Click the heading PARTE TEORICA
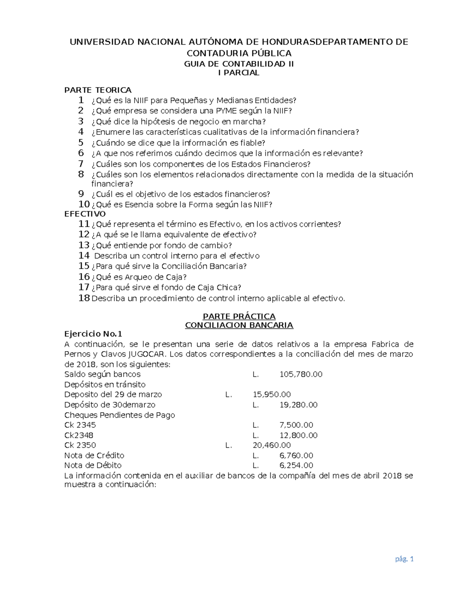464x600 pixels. (x=98, y=90)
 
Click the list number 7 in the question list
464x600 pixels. (x=81, y=164)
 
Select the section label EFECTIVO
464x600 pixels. (x=85, y=214)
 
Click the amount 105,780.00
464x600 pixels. (x=301, y=374)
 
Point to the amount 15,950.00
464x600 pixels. (x=271, y=394)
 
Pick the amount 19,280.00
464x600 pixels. (x=298, y=405)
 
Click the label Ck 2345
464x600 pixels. (x=80, y=425)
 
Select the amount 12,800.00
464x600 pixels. (x=298, y=435)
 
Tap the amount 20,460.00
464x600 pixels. (x=271, y=445)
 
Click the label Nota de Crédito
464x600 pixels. (x=94, y=456)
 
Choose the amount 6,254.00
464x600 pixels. (x=296, y=466)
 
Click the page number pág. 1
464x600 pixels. (x=404, y=559)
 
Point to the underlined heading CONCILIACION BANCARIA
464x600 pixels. (x=239, y=325)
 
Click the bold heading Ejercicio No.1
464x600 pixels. (x=93, y=334)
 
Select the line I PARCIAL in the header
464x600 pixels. (x=239, y=73)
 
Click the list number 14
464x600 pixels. (x=84, y=256)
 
